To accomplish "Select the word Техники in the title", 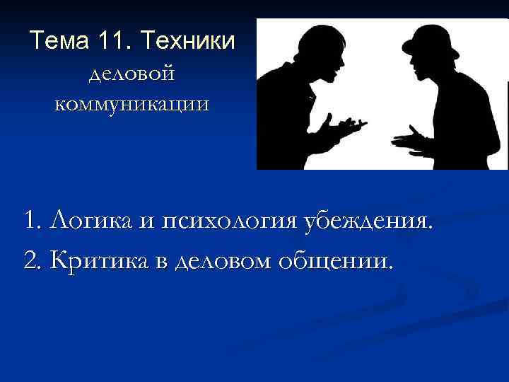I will [187, 41].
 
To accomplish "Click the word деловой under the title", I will [132, 74].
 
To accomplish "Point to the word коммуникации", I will [132, 105].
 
